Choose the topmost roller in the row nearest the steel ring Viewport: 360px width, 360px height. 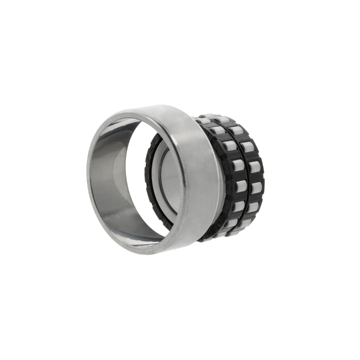[205, 121]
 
